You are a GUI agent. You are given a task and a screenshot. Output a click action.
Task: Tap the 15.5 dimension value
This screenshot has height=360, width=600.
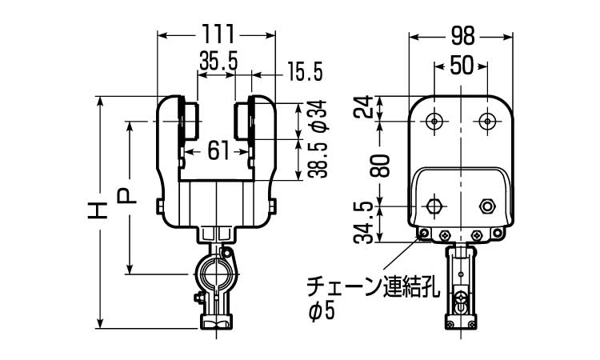pos(304,73)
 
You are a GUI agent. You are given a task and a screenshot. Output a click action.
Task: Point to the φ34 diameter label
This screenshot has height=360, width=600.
pos(315,118)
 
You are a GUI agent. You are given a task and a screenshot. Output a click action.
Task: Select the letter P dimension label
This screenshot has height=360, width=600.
pos(127,196)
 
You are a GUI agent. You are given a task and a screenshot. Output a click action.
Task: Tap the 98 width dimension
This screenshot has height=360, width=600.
pos(462,35)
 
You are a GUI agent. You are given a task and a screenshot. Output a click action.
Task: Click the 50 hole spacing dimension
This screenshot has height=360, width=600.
pos(461,66)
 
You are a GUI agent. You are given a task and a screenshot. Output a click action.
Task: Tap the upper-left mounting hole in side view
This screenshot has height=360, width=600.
pos(434,121)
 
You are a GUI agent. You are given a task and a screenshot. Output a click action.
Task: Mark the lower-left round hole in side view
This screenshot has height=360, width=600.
pos(434,206)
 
